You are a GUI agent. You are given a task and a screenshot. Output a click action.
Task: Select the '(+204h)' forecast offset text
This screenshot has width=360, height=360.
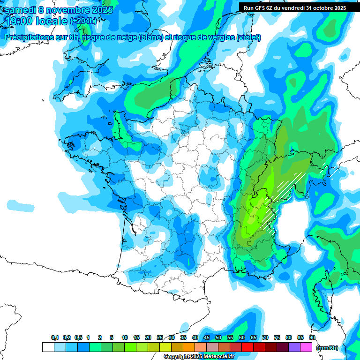click(83, 21)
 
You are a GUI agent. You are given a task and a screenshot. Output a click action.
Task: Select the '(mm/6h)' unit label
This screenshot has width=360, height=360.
click(327, 348)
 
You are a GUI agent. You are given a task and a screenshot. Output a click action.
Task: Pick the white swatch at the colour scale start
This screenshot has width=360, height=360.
click(48, 347)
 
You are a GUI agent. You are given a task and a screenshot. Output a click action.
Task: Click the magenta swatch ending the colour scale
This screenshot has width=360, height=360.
click(306, 347)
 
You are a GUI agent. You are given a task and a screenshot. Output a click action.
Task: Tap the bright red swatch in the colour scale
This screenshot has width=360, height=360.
click(247, 347)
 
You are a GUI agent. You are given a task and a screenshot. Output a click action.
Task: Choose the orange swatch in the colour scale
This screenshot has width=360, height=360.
click(189, 347)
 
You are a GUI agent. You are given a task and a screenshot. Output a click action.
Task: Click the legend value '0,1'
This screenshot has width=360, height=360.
click(55, 338)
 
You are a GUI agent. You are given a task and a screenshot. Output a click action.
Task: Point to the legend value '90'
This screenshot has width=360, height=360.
click(312, 338)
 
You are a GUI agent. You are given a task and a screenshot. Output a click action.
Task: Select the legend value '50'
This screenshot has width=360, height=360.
click(218, 338)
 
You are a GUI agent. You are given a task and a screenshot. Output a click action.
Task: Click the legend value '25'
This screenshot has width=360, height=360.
click(160, 338)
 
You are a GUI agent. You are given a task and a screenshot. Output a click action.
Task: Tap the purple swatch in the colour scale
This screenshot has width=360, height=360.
click(294, 347)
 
